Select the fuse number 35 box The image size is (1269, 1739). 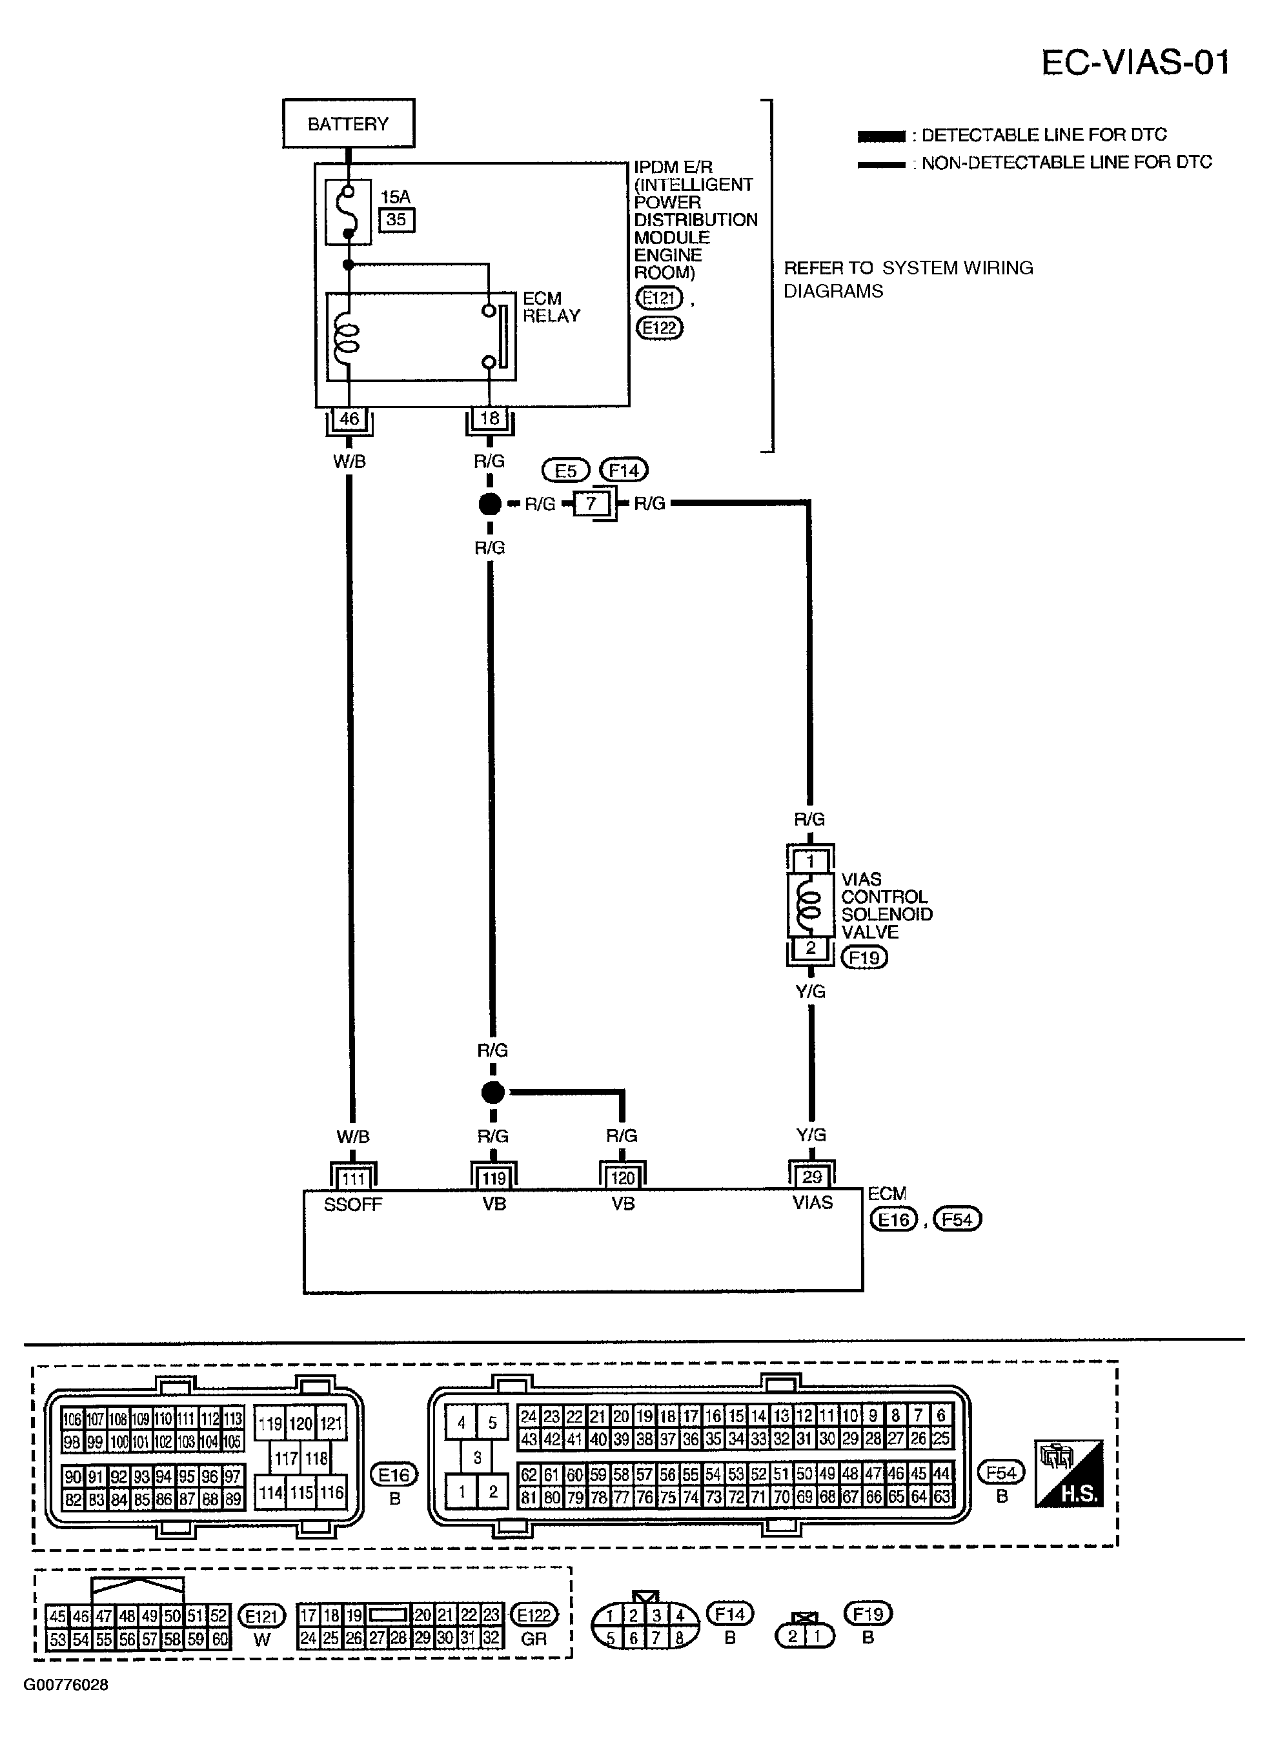tap(396, 219)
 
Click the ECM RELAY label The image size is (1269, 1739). tap(551, 307)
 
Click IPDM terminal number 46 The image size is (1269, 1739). tap(349, 419)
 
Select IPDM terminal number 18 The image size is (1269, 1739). tap(489, 419)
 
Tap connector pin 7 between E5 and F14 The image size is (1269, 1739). tap(591, 504)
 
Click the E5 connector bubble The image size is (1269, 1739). tap(565, 470)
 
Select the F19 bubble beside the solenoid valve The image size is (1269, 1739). tap(864, 958)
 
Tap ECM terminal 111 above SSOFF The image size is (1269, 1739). tap(353, 1178)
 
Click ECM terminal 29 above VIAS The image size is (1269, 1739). tap(811, 1177)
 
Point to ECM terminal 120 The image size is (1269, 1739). tap(622, 1178)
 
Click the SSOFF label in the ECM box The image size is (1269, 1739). tap(352, 1205)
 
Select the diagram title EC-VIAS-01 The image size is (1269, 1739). tap(1135, 62)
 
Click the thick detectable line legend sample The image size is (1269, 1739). tap(881, 137)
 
